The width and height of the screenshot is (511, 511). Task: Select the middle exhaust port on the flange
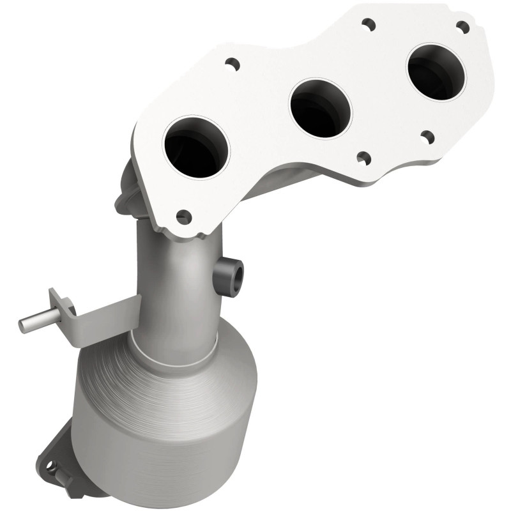pos(321,107)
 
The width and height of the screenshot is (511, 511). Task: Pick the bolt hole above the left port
pos(232,64)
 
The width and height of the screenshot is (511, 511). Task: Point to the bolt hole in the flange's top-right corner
pos(462,26)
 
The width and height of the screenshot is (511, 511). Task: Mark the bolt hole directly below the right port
pos(427,136)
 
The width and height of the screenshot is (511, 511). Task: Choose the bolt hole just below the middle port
pos(362,157)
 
